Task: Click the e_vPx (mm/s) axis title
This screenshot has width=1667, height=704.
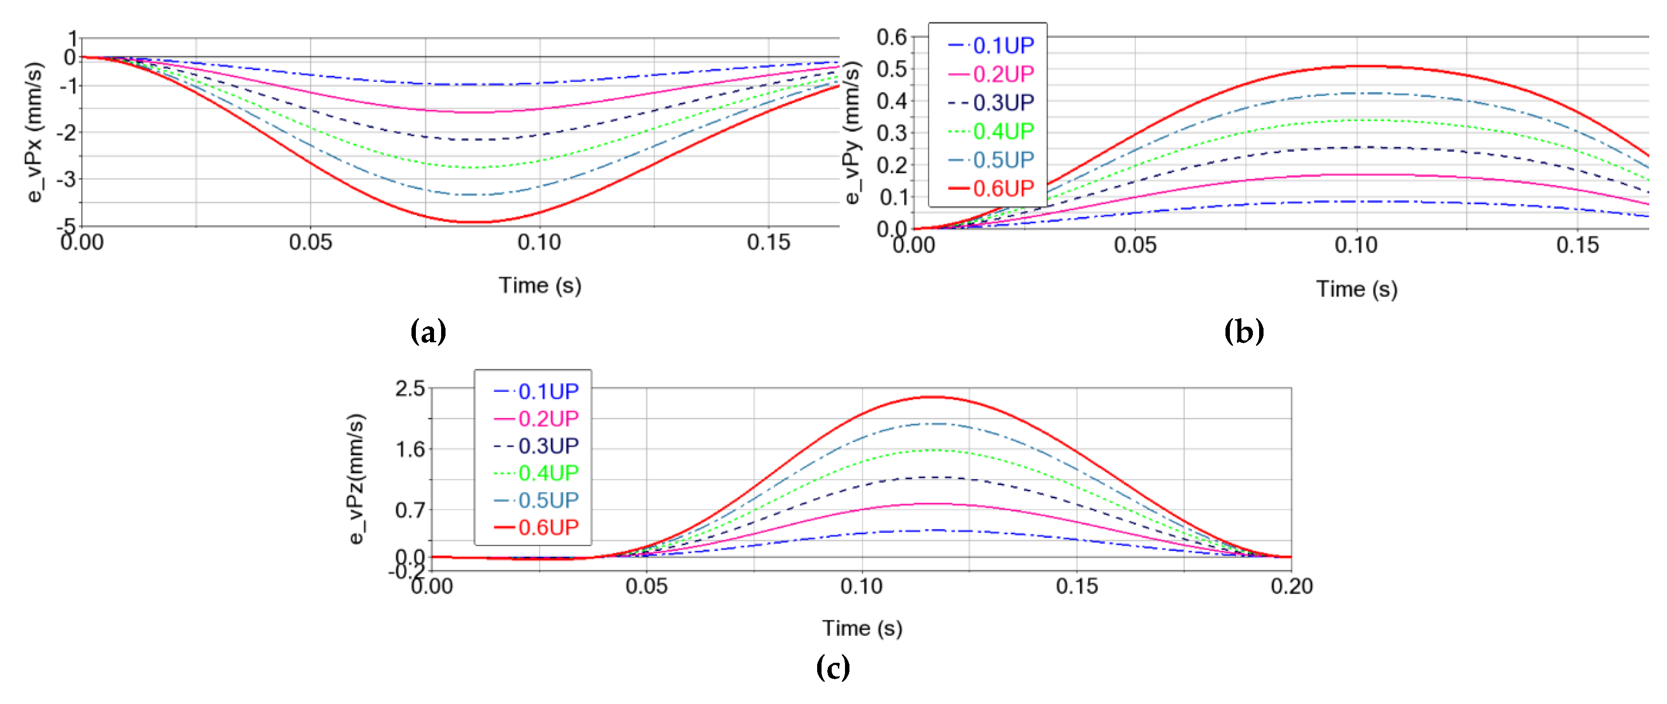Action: [35, 132]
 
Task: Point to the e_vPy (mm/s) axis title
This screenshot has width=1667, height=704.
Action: [853, 132]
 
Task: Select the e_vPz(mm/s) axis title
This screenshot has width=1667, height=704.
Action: [357, 479]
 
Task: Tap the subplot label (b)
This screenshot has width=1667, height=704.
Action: [1243, 332]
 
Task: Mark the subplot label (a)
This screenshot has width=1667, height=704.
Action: [428, 332]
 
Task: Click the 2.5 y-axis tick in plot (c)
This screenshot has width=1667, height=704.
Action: [410, 389]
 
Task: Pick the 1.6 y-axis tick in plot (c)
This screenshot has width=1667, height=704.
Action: [410, 449]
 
